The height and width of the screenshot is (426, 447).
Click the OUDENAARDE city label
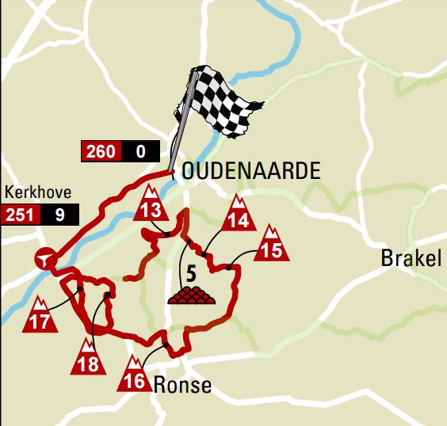point(251,171)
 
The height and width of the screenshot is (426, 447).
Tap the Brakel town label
point(410,259)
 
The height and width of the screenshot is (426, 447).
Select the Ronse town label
point(183,386)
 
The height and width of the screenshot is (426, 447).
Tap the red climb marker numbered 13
point(149,205)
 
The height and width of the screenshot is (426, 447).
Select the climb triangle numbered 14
point(239,213)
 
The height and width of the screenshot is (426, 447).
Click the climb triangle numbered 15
point(272,245)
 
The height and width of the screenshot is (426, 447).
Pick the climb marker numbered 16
point(135,375)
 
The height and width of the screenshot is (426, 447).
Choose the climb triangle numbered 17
point(40,317)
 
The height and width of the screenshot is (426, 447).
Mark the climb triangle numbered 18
point(88,359)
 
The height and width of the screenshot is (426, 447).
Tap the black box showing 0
point(140,151)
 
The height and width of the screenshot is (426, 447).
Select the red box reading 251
point(21,214)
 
